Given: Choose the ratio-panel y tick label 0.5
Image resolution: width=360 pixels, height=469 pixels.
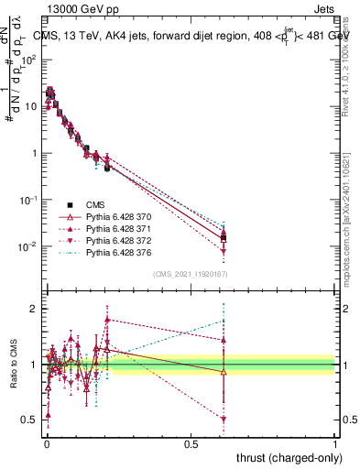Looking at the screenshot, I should pos(30,420).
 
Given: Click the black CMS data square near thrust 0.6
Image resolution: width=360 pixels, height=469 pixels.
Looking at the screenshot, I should pos(224,240).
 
